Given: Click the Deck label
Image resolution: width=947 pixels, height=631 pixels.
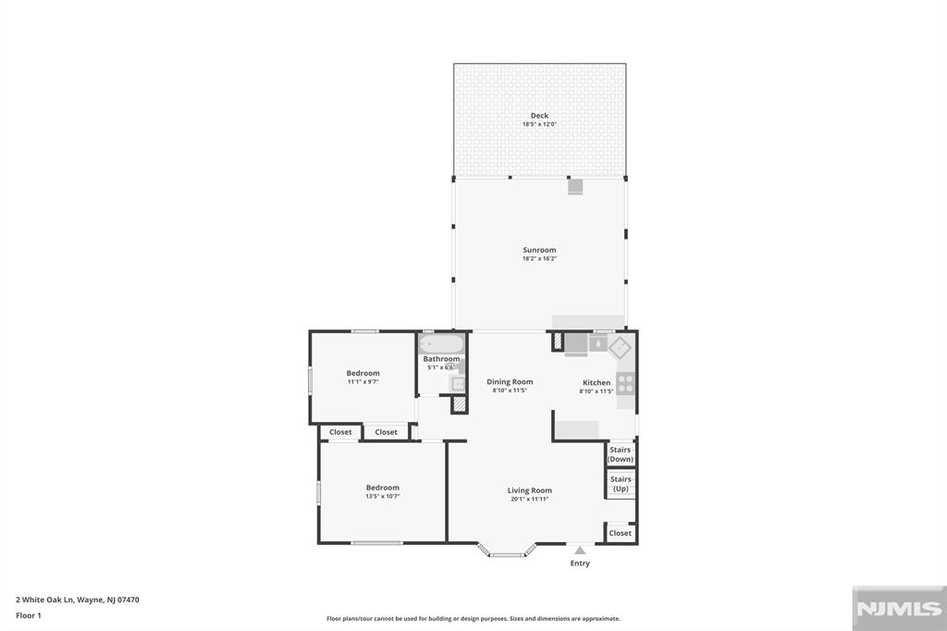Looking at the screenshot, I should pyautogui.click(x=539, y=116).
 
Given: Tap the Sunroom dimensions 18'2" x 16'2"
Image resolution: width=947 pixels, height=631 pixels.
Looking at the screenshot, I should pyautogui.click(x=539, y=259).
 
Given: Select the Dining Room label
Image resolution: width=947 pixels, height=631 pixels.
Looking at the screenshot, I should pyautogui.click(x=510, y=382).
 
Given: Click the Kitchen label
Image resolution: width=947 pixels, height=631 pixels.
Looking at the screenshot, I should pyautogui.click(x=596, y=382).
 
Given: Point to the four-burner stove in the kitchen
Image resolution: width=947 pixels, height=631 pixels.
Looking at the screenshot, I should pyautogui.click(x=626, y=383).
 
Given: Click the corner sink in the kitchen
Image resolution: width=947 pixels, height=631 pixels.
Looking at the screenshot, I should pyautogui.click(x=619, y=346).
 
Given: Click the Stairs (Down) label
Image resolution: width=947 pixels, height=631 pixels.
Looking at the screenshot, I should pyautogui.click(x=621, y=454).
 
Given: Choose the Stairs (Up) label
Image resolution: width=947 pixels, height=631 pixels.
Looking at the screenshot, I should pyautogui.click(x=621, y=484).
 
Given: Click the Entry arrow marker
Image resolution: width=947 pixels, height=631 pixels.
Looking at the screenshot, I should pyautogui.click(x=580, y=551).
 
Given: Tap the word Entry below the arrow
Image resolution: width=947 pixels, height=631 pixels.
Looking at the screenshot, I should pyautogui.click(x=580, y=563).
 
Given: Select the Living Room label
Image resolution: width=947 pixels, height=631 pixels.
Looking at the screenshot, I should pyautogui.click(x=530, y=490).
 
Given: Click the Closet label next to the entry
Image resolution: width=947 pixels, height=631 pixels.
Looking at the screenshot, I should pyautogui.click(x=621, y=533).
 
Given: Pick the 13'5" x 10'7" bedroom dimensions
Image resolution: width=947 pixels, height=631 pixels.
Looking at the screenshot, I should pyautogui.click(x=382, y=497).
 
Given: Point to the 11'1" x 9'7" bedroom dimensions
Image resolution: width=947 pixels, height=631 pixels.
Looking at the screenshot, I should pyautogui.click(x=363, y=381).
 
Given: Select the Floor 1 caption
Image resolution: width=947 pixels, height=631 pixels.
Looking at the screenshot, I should pyautogui.click(x=29, y=615).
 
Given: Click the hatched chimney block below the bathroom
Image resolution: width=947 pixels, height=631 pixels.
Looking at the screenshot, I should pyautogui.click(x=459, y=404).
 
